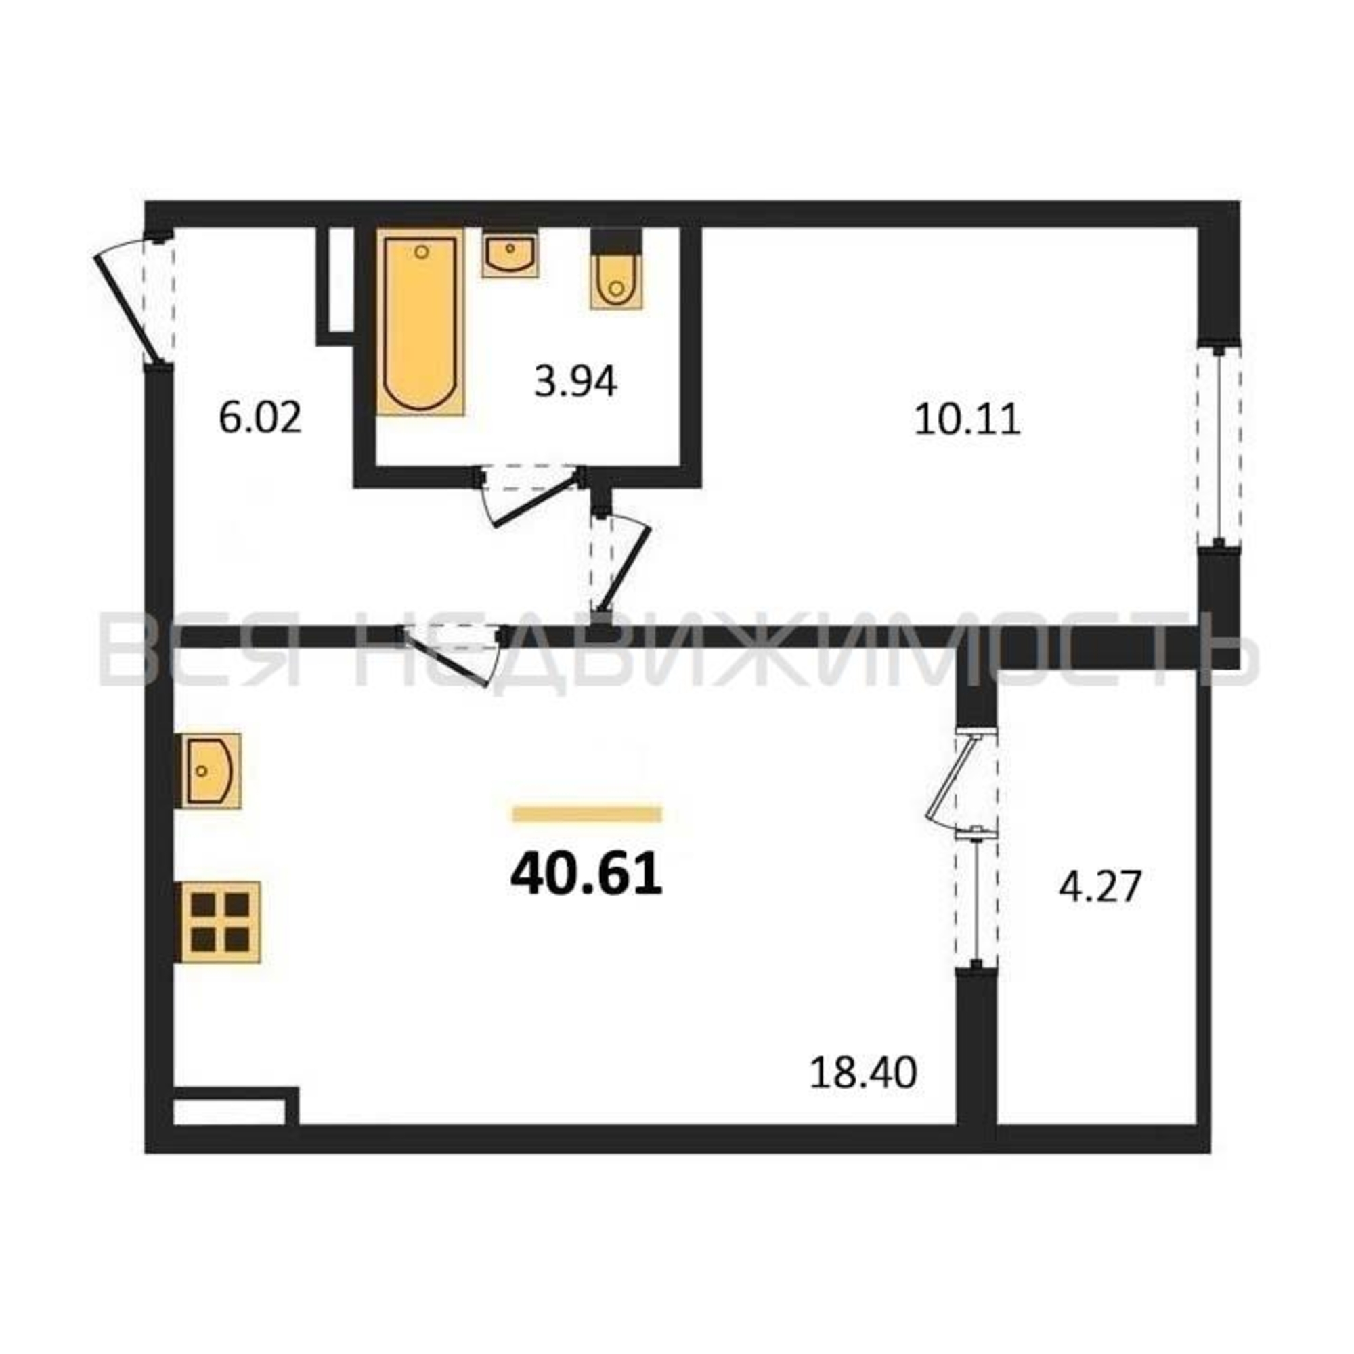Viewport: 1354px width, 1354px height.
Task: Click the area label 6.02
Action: pyautogui.click(x=260, y=418)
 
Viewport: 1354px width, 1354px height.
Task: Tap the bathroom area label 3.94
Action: pyautogui.click(x=575, y=383)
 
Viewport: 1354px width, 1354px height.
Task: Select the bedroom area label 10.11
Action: pyautogui.click(x=967, y=420)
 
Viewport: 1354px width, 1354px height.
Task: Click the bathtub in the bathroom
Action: pyautogui.click(x=420, y=322)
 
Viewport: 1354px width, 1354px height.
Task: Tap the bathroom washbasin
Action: pyautogui.click(x=510, y=254)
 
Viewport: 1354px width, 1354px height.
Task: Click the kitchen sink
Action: pyautogui.click(x=208, y=771)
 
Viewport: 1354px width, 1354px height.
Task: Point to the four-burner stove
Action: pyautogui.click(x=219, y=922)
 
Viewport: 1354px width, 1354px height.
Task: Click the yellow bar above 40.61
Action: pyautogui.click(x=587, y=814)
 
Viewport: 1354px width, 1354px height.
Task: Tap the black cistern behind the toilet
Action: pyautogui.click(x=617, y=241)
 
